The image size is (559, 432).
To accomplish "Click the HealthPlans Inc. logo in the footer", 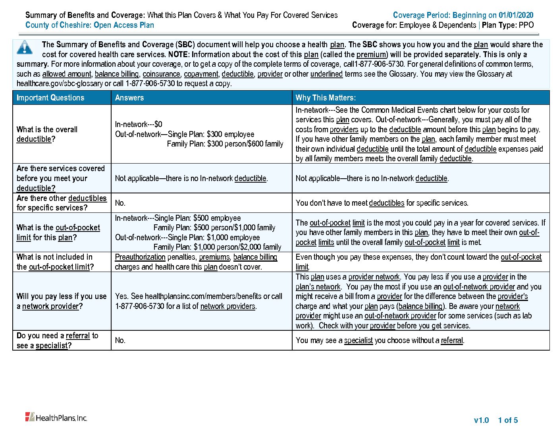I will (x=56, y=417).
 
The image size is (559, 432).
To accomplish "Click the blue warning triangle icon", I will (x=25, y=47).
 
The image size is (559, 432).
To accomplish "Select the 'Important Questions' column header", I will (x=50, y=98).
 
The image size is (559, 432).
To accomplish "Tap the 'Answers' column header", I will (x=129, y=98).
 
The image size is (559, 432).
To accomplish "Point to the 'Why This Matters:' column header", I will (x=326, y=98).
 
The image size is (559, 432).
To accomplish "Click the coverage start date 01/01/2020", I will (x=516, y=15).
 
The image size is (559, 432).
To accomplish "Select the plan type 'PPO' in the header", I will (x=526, y=25).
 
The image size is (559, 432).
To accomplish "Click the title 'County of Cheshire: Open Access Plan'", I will (x=90, y=25).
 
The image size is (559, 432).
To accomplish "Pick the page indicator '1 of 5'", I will (x=508, y=420).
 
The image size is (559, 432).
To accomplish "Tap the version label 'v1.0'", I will (x=481, y=420).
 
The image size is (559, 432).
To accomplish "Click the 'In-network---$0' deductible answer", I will (x=139, y=124).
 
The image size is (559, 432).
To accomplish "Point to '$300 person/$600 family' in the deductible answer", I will (x=245, y=144).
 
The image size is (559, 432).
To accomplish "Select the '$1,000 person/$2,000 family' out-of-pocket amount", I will (x=237, y=247).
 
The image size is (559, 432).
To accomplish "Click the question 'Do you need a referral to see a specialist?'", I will (x=57, y=340).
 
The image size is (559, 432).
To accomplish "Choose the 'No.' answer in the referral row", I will (x=120, y=340).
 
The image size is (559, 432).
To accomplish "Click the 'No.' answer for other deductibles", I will (x=120, y=203).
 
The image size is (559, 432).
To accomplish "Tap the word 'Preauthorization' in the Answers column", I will (x=140, y=257).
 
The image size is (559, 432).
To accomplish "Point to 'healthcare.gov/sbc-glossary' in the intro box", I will (x=60, y=83).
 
